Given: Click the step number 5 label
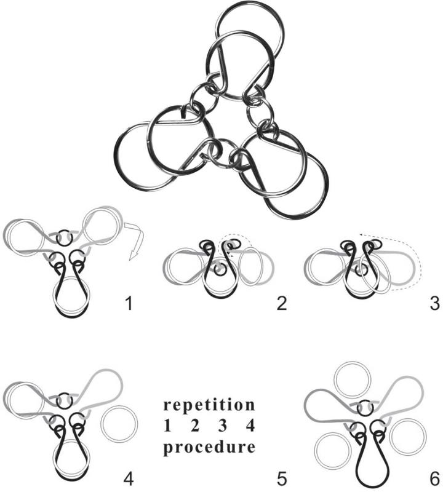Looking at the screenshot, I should tap(281, 477).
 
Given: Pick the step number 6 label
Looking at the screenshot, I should tap(434, 477).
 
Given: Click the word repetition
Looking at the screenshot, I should tap(209, 406).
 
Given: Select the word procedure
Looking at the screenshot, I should tap(209, 448).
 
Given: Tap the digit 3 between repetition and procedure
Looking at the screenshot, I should tap(225, 426).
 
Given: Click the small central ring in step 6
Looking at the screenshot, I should tap(365, 407).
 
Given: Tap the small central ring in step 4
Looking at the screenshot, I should tap(63, 401).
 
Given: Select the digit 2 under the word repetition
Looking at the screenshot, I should tap(196, 426).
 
